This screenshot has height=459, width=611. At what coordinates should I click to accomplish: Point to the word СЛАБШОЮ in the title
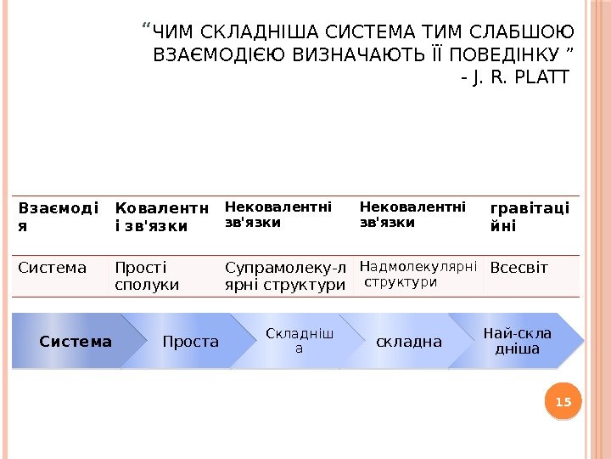[x=527, y=33]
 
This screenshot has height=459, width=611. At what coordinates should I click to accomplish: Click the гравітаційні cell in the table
[x=530, y=218]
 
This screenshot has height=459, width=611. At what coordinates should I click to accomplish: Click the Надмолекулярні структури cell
[x=418, y=274]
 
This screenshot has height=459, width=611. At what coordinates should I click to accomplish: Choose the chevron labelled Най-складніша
[x=516, y=341]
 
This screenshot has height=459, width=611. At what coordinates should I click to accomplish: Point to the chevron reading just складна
[x=409, y=342]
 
